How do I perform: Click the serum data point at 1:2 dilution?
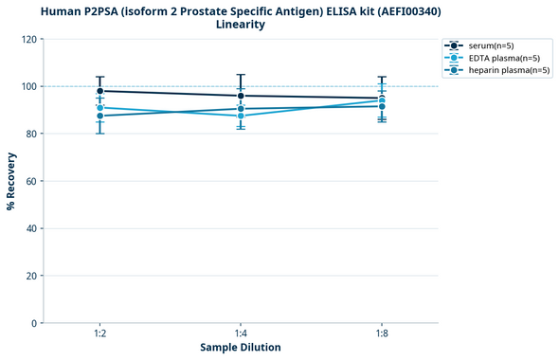[99, 91]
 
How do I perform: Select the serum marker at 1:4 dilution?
[241, 96]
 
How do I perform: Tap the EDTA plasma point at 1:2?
[99, 108]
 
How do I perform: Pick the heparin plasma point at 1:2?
[99, 116]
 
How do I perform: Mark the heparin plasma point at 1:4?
[241, 108]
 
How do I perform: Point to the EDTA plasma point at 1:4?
[241, 116]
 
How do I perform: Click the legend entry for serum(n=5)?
[496, 45]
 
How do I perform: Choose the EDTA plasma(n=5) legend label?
[503, 58]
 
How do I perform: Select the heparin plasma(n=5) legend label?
[508, 70]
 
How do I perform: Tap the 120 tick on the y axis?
[28, 39]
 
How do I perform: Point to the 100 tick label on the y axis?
[28, 86]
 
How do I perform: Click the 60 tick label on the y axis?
[31, 181]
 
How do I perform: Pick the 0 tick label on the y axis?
[34, 323]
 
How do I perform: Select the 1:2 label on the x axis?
[99, 333]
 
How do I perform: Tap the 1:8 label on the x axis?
[382, 333]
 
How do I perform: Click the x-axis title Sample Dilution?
[241, 348]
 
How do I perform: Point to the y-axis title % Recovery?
[11, 180]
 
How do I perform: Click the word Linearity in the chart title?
[241, 25]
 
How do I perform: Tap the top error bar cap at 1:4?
[241, 75]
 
